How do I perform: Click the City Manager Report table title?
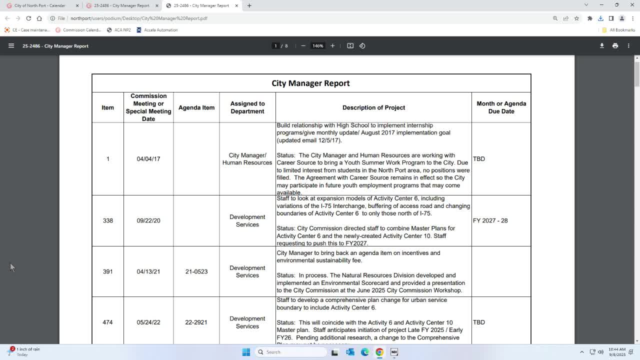[310, 83]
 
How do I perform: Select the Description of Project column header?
[373, 107]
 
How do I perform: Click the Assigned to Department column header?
[247, 107]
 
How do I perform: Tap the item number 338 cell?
[107, 220]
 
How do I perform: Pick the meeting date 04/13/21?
[148, 271]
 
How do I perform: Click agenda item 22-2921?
[196, 322]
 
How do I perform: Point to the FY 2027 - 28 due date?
[490, 220]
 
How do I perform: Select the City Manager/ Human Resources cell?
[247, 159]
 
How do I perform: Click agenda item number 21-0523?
[196, 271]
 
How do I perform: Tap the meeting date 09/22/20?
[148, 220]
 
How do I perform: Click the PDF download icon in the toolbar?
[602, 45]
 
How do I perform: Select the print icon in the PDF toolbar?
[615, 45]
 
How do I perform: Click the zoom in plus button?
[332, 45]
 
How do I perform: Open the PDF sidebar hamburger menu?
[11, 45]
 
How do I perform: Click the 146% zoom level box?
[318, 45]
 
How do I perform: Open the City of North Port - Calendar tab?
[40, 5]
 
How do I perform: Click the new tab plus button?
[249, 5]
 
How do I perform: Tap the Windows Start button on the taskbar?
[246, 352]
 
